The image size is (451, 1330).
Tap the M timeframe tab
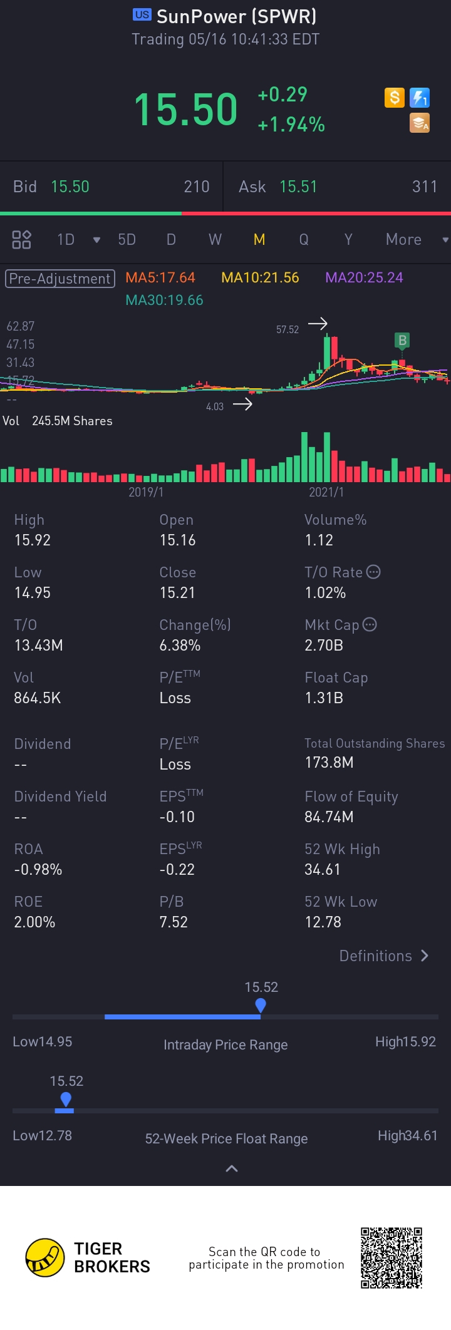pyautogui.click(x=259, y=240)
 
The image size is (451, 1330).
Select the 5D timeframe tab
pyautogui.click(x=127, y=240)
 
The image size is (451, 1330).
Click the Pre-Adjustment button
pyautogui.click(x=60, y=279)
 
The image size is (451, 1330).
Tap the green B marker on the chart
pyautogui.click(x=402, y=341)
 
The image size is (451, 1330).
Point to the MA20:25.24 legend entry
pyautogui.click(x=364, y=277)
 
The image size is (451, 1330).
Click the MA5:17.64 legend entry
pyautogui.click(x=160, y=277)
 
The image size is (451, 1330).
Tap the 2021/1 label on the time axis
pyautogui.click(x=326, y=492)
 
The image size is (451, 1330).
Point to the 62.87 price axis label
pyautogui.click(x=21, y=326)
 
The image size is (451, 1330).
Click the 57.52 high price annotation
pyautogui.click(x=288, y=329)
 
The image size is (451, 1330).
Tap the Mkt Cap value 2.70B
pyautogui.click(x=324, y=645)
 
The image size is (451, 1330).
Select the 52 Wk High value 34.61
pyautogui.click(x=323, y=869)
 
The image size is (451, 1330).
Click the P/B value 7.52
pyautogui.click(x=174, y=922)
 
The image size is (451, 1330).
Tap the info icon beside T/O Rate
pyautogui.click(x=373, y=572)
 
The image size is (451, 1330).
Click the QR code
pyautogui.click(x=391, y=1257)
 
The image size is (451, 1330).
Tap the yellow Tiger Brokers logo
pyautogui.click(x=45, y=1257)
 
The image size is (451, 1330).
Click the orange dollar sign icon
pyautogui.click(x=395, y=98)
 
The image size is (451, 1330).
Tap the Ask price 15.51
pyautogui.click(x=298, y=187)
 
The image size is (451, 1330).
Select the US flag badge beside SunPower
pyautogui.click(x=142, y=15)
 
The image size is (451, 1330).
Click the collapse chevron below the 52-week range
pyautogui.click(x=232, y=1168)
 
